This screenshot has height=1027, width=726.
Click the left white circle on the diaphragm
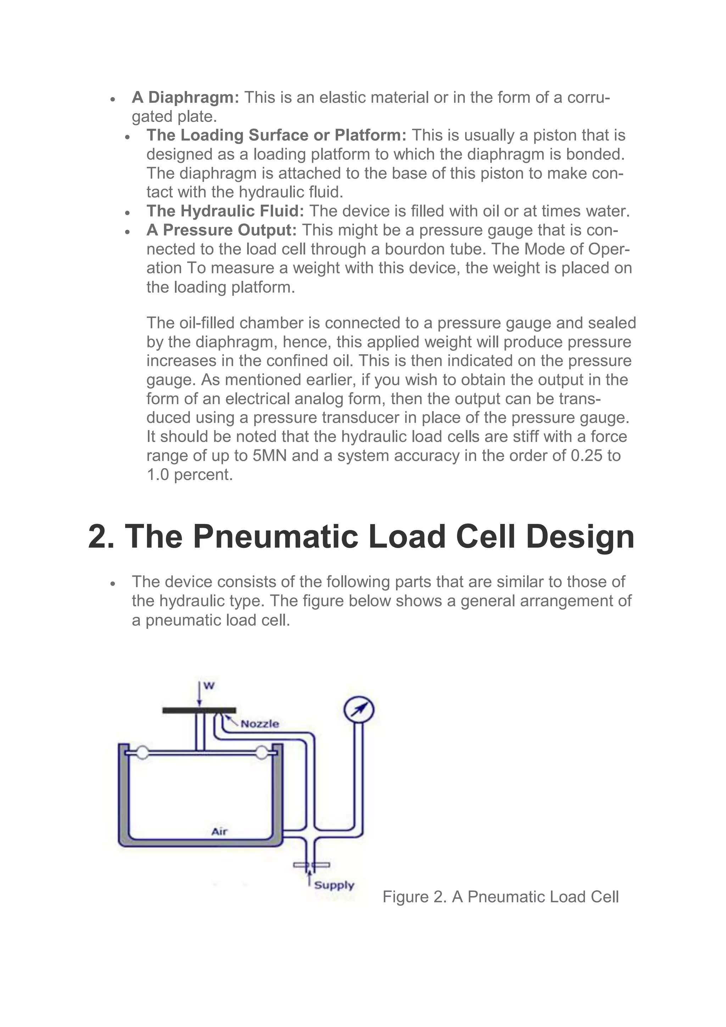[142, 753]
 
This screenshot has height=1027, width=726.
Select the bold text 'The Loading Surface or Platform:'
[277, 135]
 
